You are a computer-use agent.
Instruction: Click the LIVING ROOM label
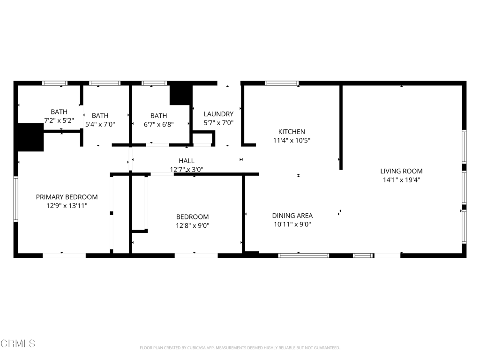click(x=401, y=171)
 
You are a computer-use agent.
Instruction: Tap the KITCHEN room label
click(x=292, y=132)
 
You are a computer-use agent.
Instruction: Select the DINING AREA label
click(x=292, y=216)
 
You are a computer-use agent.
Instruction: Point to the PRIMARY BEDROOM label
click(x=67, y=197)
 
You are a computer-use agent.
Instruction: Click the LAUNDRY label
click(x=218, y=114)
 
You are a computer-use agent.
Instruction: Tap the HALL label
click(x=187, y=161)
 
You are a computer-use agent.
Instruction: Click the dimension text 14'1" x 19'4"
click(x=401, y=180)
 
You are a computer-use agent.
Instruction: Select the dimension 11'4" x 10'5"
click(x=292, y=141)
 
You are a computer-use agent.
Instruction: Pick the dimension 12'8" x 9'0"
click(x=193, y=225)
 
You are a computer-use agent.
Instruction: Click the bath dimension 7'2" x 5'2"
click(x=59, y=120)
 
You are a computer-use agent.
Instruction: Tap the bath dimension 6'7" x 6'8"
click(x=158, y=125)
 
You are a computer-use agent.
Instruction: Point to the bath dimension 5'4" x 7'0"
click(x=100, y=124)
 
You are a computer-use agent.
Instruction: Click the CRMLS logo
click(x=18, y=344)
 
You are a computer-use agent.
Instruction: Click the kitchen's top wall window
click(x=282, y=83)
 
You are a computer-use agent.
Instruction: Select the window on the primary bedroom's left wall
click(x=15, y=199)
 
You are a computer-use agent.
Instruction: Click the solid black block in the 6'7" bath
click(x=181, y=95)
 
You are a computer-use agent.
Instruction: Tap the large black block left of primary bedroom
click(x=30, y=137)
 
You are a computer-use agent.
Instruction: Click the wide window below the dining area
click(x=304, y=255)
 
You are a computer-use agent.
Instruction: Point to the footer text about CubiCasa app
click(x=240, y=348)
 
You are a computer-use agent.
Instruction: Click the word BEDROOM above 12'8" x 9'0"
click(x=193, y=217)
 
